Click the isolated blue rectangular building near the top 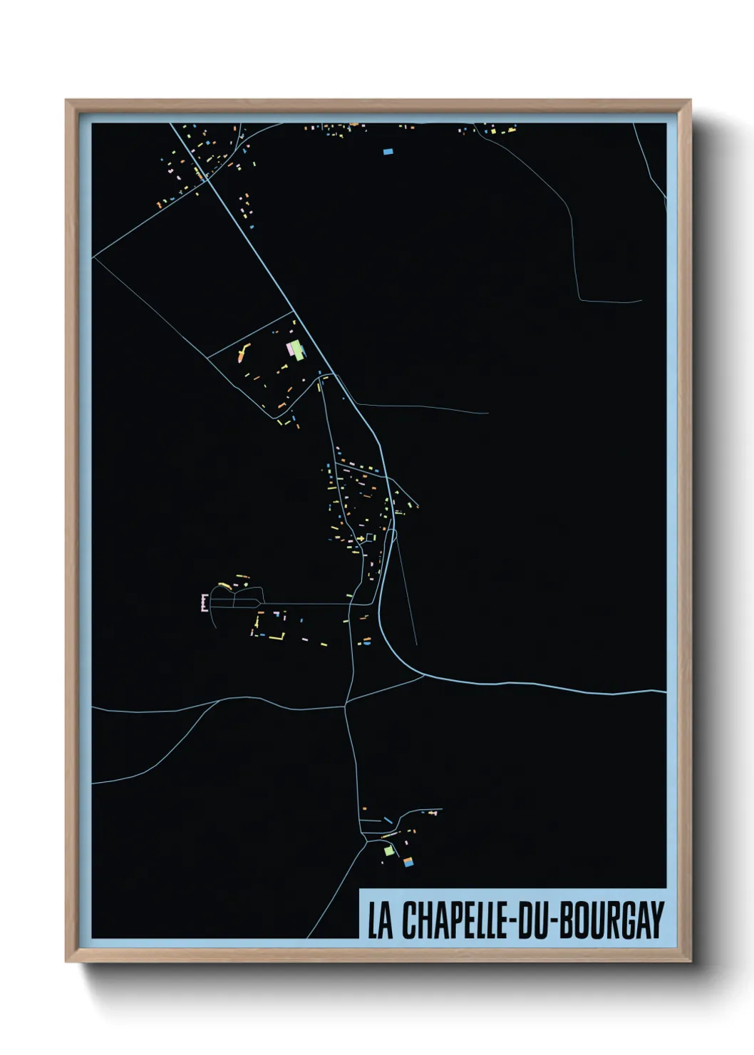tap(388, 151)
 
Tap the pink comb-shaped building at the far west tap(204, 603)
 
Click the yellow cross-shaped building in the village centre tap(361, 537)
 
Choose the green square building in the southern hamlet tap(388, 850)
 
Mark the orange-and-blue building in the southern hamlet tap(408, 863)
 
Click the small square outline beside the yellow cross tap(370, 537)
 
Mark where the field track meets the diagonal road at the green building tap(294, 312)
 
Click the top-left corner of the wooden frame tap(67, 101)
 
